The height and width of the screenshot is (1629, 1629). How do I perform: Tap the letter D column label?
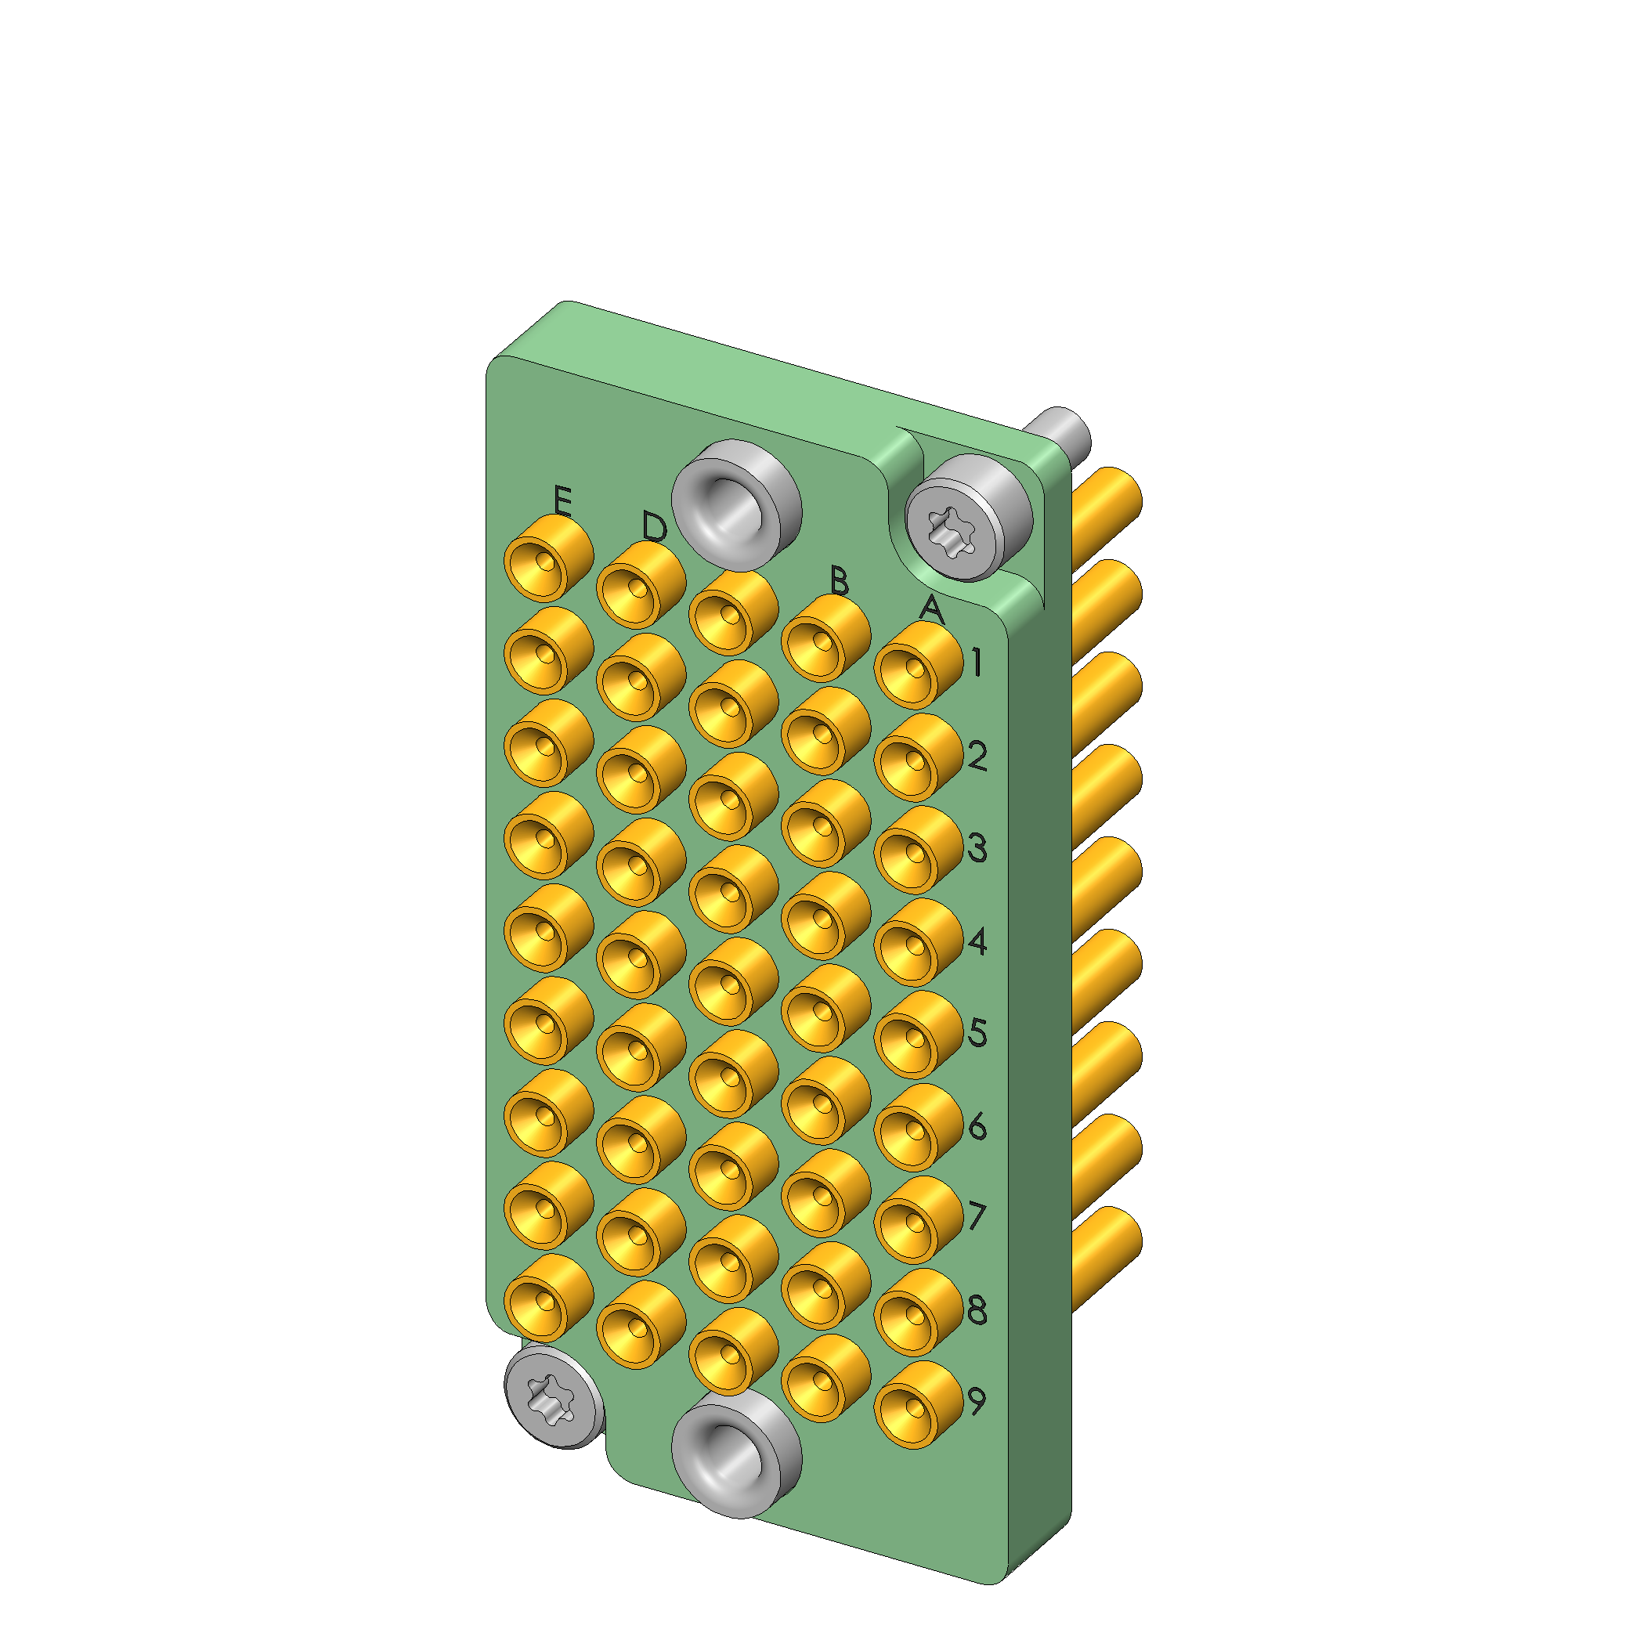(654, 527)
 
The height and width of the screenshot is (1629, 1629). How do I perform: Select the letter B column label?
(838, 580)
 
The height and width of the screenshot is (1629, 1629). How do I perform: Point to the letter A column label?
(931, 608)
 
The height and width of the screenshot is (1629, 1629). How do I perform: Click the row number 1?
(977, 663)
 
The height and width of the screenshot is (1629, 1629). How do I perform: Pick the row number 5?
(977, 1032)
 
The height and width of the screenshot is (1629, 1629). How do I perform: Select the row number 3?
(977, 847)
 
